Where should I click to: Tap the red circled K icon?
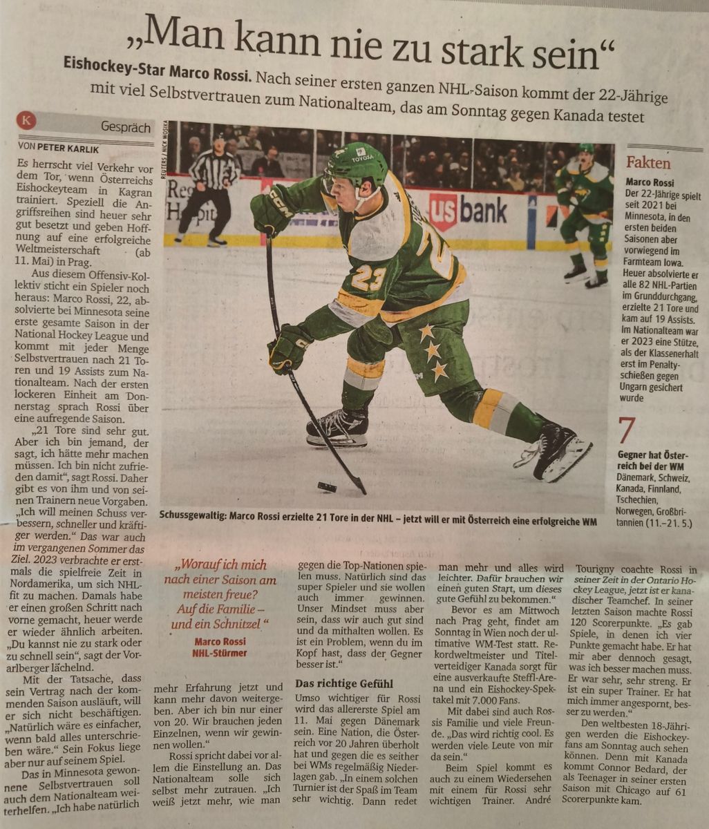tap(26, 122)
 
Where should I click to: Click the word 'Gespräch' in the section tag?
tap(125, 127)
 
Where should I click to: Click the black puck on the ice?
tap(327, 487)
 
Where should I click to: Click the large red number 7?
tap(626, 432)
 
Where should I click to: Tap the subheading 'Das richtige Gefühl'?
tap(343, 683)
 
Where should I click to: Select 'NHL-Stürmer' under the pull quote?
tap(220, 652)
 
